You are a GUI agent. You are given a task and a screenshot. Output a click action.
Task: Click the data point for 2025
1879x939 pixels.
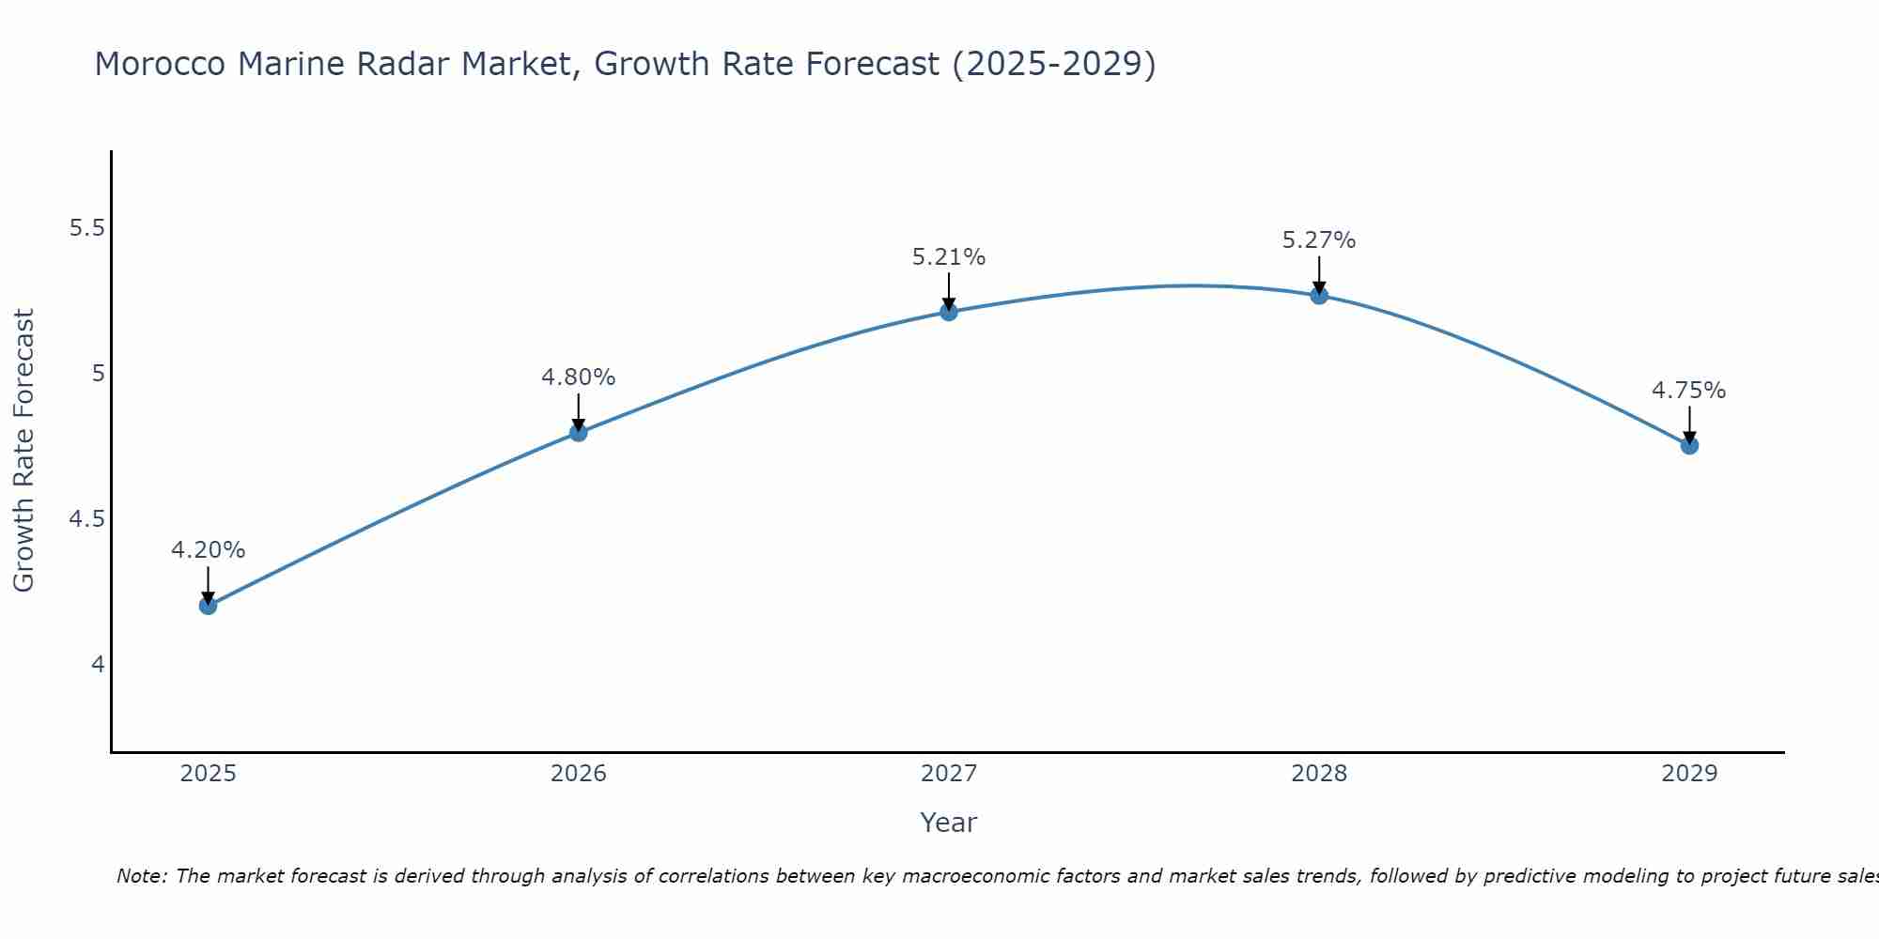208,606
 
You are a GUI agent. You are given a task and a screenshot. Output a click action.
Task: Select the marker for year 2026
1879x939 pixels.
578,432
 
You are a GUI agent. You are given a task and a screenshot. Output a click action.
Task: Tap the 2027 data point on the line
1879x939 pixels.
949,312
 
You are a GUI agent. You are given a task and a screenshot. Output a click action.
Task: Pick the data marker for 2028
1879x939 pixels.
1319,295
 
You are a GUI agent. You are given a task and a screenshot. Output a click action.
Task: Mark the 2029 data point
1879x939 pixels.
1689,445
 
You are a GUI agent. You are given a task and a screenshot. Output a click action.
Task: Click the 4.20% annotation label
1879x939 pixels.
208,550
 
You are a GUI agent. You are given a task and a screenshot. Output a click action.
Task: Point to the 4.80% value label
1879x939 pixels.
578,377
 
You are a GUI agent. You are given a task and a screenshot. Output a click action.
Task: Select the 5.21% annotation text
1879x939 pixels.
949,257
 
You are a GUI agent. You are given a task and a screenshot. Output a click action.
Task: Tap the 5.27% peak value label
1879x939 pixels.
1319,240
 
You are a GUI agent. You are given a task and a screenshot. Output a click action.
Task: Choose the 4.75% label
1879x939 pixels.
1688,391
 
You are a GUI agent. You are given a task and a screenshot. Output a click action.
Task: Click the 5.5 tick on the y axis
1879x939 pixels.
87,228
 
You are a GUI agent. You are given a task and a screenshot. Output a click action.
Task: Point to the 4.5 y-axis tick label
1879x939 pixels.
87,519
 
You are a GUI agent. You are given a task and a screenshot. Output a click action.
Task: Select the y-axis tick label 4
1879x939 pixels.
98,665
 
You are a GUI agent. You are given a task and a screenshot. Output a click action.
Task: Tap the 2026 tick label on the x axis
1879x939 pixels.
578,774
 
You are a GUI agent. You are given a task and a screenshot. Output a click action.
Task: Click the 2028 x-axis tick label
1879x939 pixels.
1319,774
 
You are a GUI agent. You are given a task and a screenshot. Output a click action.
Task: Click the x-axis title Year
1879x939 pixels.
948,823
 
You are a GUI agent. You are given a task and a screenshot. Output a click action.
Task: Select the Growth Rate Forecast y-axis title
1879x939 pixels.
23,451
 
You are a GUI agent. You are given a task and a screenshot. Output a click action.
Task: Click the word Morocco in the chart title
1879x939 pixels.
160,64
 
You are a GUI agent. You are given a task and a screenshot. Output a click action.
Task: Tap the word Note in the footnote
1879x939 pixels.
141,876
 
